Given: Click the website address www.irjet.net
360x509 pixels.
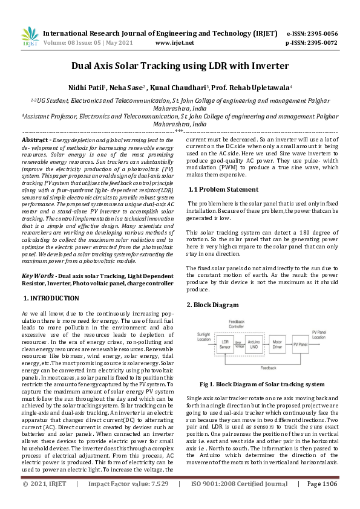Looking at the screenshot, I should [x=175, y=44].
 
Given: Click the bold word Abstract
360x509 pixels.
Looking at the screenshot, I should [x=36, y=140].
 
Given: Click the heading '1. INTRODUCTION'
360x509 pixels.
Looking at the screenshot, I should [x=51, y=299].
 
